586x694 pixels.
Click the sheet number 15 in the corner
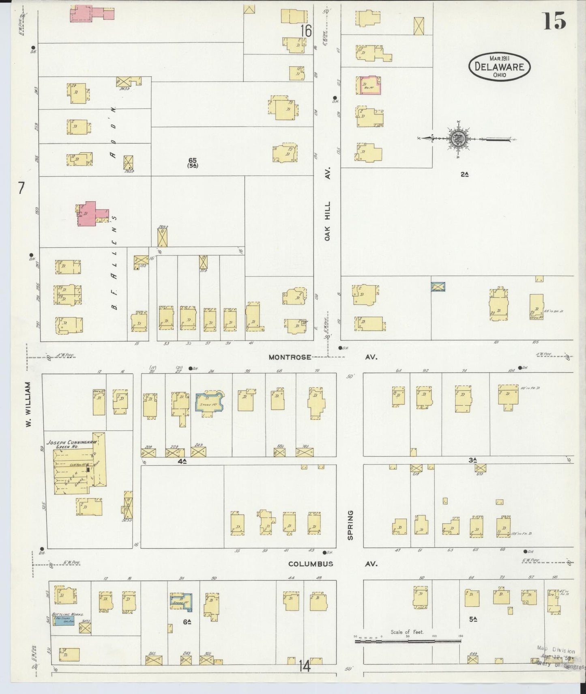[554, 21]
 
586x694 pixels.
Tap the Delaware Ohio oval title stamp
[499, 66]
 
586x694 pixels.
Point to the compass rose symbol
[460, 138]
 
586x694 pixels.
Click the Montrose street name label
[290, 357]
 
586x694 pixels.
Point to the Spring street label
[350, 525]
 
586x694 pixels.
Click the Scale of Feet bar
[408, 642]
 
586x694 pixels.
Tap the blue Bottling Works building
[63, 621]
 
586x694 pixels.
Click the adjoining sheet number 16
[306, 31]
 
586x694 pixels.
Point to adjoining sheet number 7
[21, 188]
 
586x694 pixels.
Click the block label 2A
[464, 175]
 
